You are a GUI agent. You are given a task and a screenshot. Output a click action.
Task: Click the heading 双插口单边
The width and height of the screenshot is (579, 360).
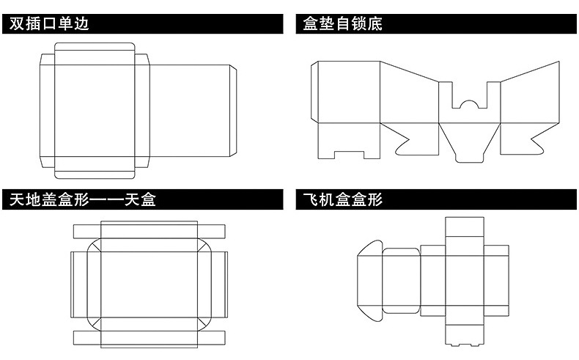click(49, 23)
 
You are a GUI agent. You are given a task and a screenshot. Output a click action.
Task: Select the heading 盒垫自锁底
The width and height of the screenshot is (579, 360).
click(343, 23)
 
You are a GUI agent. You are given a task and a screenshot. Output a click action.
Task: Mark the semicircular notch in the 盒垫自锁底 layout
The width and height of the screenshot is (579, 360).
click(469, 102)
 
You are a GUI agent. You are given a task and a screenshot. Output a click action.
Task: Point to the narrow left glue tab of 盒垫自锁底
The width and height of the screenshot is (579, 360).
click(315, 92)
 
